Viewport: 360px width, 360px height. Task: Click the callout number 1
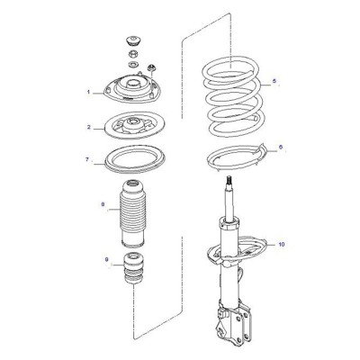point(88,92)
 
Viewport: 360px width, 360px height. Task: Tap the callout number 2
point(89,127)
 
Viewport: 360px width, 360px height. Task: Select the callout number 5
point(274,81)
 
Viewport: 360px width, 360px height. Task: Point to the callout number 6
point(281,148)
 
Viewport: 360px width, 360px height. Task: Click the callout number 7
point(87,159)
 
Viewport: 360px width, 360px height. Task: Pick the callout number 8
point(103,204)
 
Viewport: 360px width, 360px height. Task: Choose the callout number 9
point(107,260)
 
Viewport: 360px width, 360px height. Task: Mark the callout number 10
point(281,245)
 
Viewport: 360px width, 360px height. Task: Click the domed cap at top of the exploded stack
point(133,41)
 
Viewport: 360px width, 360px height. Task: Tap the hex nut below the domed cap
point(133,55)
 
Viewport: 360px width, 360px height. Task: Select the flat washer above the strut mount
point(132,64)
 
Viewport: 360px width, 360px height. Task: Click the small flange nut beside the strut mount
point(151,67)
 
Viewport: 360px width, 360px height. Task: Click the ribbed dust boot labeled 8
point(133,213)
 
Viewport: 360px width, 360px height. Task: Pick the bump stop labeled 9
point(132,268)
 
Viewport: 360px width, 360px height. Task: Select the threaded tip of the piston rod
point(229,181)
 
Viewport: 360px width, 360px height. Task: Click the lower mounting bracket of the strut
point(234,322)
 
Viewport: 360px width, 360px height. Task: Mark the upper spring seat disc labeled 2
point(135,125)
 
